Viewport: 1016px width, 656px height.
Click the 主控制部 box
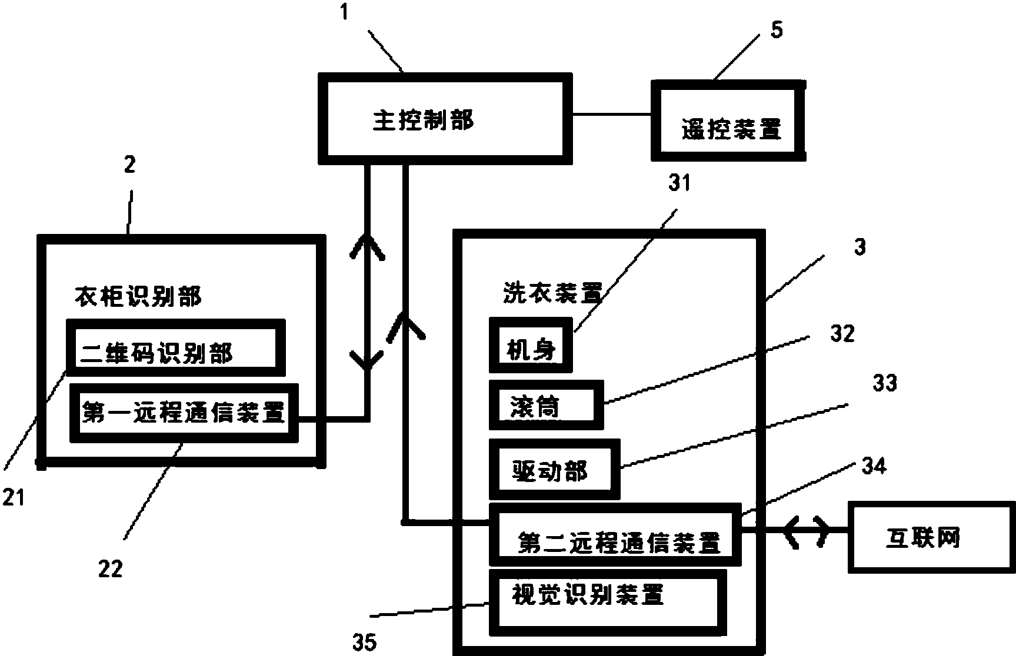pyautogui.click(x=445, y=118)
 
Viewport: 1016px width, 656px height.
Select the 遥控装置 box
pyautogui.click(x=728, y=121)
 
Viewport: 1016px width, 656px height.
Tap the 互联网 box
pyautogui.click(x=931, y=537)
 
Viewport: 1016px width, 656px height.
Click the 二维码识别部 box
pyautogui.click(x=176, y=349)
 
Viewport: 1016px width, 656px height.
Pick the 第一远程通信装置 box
pyautogui.click(x=184, y=413)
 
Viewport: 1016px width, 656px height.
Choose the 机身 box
pyautogui.click(x=530, y=346)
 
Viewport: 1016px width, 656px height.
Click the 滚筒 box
pyautogui.click(x=546, y=405)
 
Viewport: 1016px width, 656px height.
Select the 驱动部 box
pyautogui.click(x=554, y=470)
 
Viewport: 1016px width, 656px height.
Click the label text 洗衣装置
pyautogui.click(x=552, y=292)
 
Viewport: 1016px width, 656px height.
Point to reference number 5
pyautogui.click(x=777, y=30)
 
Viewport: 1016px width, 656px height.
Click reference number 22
pyautogui.click(x=111, y=568)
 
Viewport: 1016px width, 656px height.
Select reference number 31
pyautogui.click(x=679, y=183)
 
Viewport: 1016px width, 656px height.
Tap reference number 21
pyautogui.click(x=13, y=497)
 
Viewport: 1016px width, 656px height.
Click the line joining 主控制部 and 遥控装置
pyautogui.click(x=611, y=114)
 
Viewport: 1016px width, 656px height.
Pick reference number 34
pyautogui.click(x=873, y=466)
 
